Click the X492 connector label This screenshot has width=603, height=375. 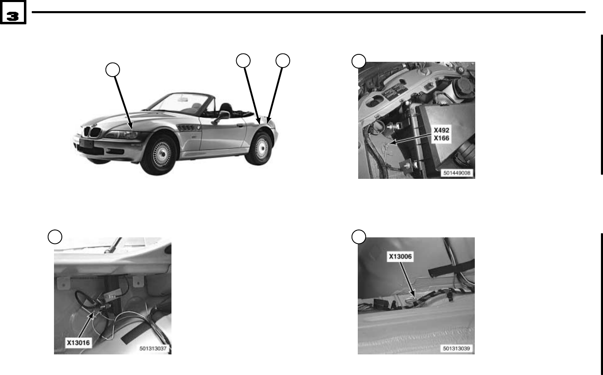point(441,130)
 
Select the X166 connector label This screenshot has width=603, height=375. point(441,138)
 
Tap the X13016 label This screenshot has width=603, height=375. point(78,342)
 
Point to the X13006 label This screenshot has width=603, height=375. point(400,256)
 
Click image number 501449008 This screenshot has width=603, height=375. point(457,173)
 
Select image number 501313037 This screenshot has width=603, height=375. point(153,349)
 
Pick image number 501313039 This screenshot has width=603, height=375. point(457,349)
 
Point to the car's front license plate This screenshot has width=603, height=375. point(87,144)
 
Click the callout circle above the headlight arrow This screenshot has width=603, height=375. point(113,70)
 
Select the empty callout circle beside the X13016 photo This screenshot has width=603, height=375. point(55,237)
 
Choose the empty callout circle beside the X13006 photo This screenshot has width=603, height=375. point(359,237)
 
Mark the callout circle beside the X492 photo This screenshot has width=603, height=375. point(359,61)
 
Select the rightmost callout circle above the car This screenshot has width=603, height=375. point(283,60)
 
